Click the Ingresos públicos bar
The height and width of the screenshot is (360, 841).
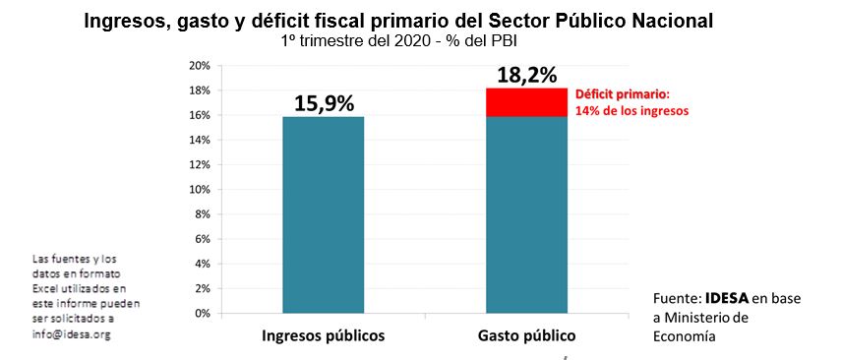point(324,214)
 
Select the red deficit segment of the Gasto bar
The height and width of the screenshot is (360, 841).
point(526,102)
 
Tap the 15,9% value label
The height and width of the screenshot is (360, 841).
point(324,103)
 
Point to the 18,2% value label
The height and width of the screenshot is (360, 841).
point(526,76)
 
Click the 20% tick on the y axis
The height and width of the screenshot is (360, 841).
point(200,66)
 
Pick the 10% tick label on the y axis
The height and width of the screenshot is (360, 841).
point(200,190)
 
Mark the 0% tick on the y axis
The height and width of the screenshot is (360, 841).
point(203,314)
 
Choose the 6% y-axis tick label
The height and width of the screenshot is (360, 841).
point(203,239)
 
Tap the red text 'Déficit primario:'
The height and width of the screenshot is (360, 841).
point(623,95)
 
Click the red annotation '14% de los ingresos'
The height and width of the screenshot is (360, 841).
point(631,111)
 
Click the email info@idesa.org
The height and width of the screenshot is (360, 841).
point(72,335)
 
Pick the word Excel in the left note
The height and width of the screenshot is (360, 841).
point(44,288)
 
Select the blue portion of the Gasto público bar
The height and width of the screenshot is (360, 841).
point(526,214)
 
